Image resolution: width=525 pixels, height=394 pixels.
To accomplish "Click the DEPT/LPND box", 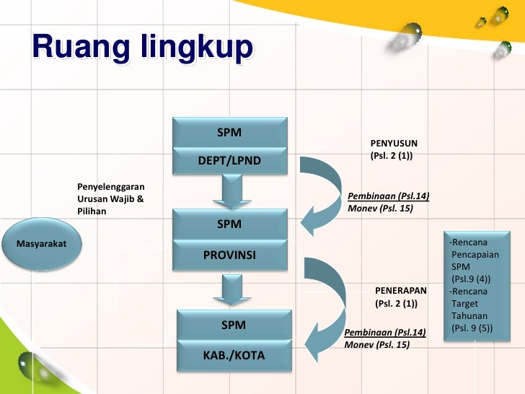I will click(229, 159).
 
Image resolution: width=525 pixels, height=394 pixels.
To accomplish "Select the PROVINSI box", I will click(229, 255).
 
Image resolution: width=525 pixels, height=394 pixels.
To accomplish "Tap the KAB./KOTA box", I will click(234, 355).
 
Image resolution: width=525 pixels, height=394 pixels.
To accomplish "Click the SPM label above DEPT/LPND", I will click(229, 133).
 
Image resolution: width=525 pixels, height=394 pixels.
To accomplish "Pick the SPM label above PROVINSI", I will click(229, 224).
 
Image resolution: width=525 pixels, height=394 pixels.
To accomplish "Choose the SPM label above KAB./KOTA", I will click(234, 325).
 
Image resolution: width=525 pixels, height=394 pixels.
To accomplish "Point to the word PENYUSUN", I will click(394, 144).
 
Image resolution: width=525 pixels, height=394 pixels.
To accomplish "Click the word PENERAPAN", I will click(401, 290).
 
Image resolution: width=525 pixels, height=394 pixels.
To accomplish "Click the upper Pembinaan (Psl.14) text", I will click(389, 196).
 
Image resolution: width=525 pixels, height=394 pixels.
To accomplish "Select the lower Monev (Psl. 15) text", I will click(377, 345).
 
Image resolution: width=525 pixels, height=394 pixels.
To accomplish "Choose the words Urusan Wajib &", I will click(110, 198).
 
